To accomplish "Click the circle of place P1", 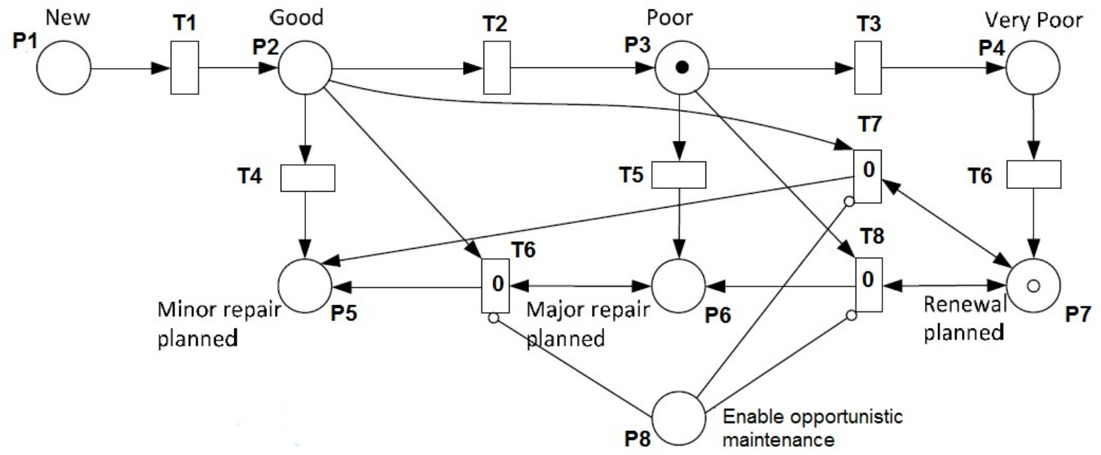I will click(63, 68).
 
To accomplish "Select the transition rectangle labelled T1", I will click(184, 68).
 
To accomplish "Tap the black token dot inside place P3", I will click(682, 67).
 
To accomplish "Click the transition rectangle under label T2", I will click(497, 68).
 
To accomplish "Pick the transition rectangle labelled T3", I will click(868, 68).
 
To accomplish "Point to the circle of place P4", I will click(1033, 68).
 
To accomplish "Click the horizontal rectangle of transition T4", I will click(307, 178).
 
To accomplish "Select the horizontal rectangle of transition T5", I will click(678, 175).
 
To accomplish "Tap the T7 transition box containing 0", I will click(867, 177).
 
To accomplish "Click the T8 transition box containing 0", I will click(869, 285).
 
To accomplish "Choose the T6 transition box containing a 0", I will click(496, 285).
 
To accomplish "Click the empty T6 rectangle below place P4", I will click(1034, 175).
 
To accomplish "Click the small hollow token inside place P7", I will click(1033, 285).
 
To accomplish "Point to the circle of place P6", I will click(678, 285).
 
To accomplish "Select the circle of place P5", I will click(305, 285).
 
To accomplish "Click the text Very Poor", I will click(1034, 21).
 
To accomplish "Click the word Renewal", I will click(964, 304).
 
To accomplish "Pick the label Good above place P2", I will click(296, 17).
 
